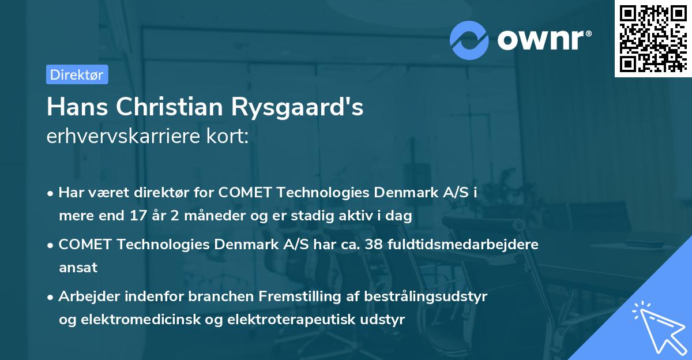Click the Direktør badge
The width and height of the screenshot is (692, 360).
tap(77, 74)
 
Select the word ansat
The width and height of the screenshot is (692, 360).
tap(78, 268)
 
